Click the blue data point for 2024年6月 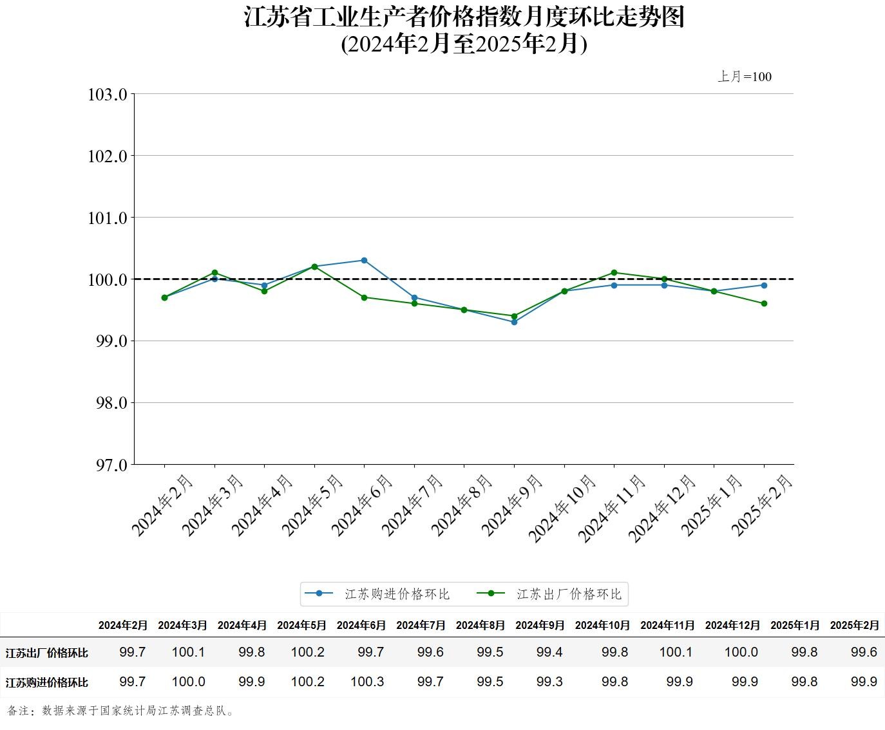tap(364, 261)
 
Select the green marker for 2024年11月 tap(614, 273)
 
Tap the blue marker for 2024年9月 tap(514, 322)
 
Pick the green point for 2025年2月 tap(764, 304)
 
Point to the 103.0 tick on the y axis tap(108, 95)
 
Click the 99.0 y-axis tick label tap(108, 341)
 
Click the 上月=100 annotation tap(745, 77)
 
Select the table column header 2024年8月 tap(480, 625)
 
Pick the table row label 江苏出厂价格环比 tap(47, 653)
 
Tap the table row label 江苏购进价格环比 tap(47, 682)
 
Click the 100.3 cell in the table tap(367, 682)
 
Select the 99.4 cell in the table tap(549, 652)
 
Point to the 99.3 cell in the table tap(549, 682)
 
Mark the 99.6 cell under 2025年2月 tap(864, 652)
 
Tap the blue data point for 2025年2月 tap(764, 285)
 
